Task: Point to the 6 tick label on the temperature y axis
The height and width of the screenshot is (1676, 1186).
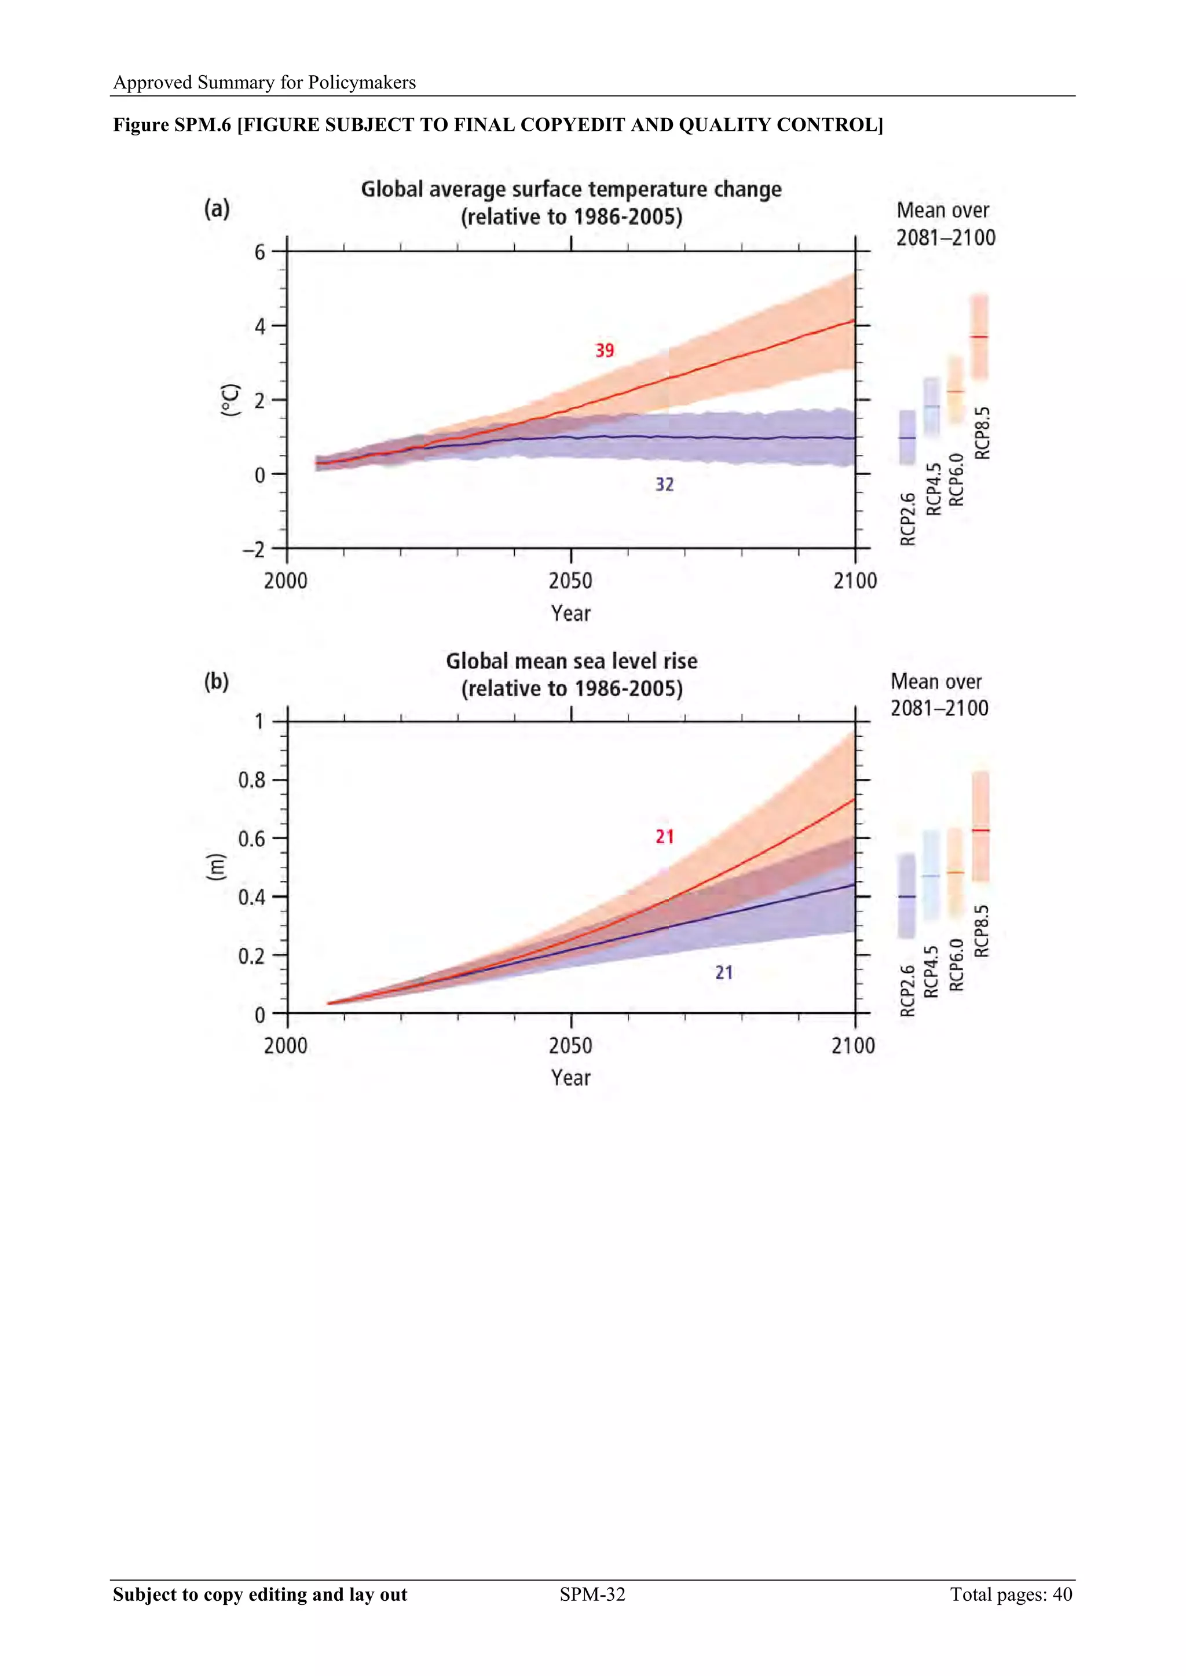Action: point(260,252)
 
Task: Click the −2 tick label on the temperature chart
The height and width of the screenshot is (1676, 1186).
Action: point(254,550)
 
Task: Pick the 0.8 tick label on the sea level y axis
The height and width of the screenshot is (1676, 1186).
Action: point(252,780)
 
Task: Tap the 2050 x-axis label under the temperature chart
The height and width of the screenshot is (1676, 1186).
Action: point(570,581)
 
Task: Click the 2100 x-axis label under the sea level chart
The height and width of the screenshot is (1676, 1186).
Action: point(853,1046)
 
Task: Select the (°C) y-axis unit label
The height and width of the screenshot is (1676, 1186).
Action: point(230,400)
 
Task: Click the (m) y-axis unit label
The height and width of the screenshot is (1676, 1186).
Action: point(216,867)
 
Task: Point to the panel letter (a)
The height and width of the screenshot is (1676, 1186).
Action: point(217,209)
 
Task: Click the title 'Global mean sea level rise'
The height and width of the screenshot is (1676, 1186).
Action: point(571,661)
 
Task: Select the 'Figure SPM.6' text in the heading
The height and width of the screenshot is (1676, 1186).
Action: point(171,125)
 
